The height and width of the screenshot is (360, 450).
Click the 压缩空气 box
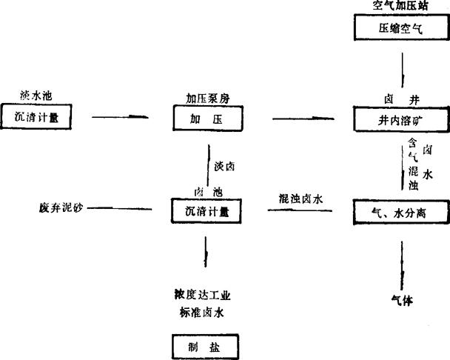(x=400, y=30)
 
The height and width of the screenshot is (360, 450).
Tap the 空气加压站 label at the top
(x=400, y=6)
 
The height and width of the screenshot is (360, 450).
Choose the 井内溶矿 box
(x=400, y=119)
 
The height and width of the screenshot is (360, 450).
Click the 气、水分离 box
(x=400, y=213)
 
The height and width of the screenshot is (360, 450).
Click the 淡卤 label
(x=224, y=167)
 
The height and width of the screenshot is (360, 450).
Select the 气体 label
(x=403, y=300)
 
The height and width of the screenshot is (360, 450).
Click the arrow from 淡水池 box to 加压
(x=124, y=117)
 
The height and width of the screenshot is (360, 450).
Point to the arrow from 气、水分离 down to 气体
(x=402, y=263)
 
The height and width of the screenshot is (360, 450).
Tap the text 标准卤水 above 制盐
(x=199, y=312)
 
